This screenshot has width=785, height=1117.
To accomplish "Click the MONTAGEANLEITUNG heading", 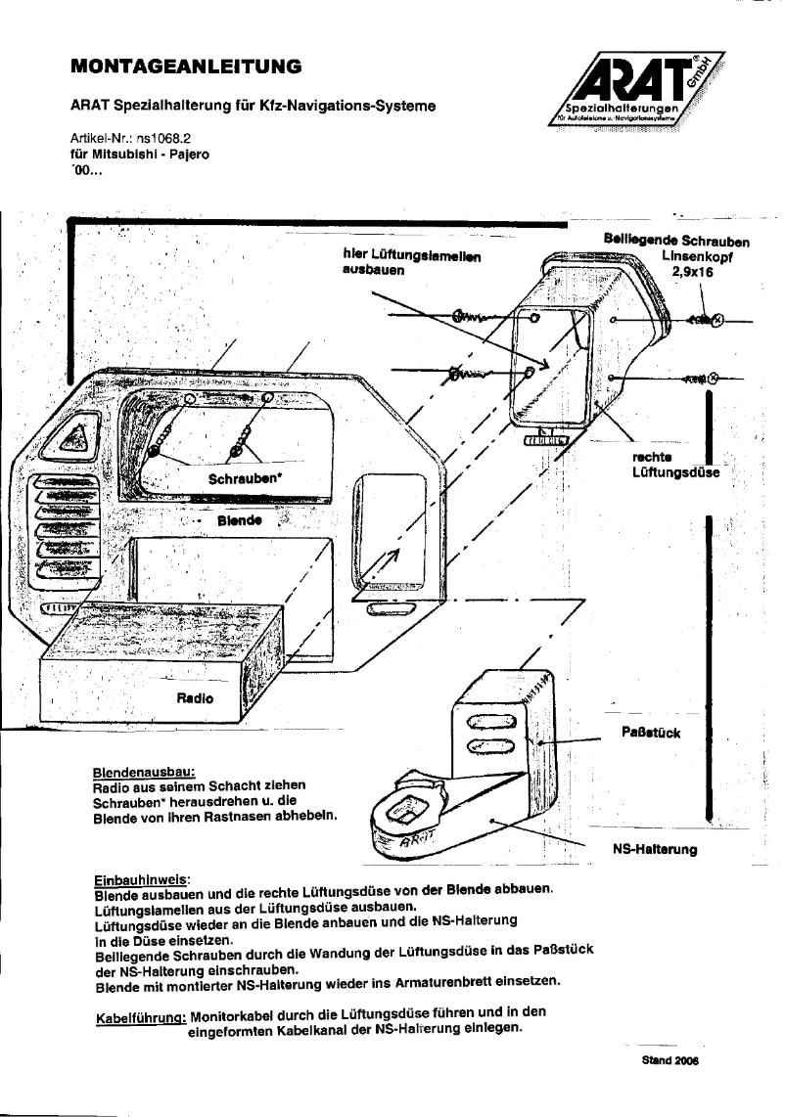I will coord(185,67).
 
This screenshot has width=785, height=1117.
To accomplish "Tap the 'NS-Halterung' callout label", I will coord(654,850).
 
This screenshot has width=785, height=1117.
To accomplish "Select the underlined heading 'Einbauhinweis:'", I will coord(142,879).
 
